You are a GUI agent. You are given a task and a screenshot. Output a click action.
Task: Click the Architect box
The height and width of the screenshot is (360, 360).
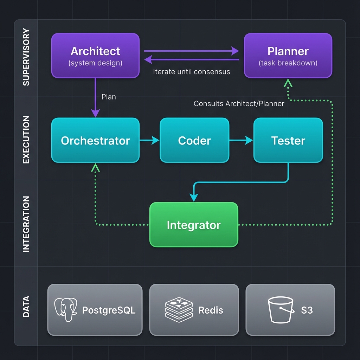tap(95, 56)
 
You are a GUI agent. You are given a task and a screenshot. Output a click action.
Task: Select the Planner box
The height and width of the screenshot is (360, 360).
tap(288, 56)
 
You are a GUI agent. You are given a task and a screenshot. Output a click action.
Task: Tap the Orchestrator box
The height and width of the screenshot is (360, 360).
tap(95, 140)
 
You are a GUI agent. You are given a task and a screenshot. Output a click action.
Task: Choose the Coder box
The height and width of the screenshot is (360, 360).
tap(194, 140)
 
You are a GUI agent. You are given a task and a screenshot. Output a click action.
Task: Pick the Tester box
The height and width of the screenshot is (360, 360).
tap(288, 140)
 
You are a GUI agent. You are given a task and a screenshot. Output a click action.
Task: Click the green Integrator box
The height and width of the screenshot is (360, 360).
tap(194, 225)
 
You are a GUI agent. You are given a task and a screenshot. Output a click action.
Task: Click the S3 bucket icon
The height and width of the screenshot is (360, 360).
tap(281, 310)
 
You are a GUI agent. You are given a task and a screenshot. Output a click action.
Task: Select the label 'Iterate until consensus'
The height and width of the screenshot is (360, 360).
tap(192, 72)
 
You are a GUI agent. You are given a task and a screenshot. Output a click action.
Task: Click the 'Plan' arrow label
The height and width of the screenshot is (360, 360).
tap(109, 97)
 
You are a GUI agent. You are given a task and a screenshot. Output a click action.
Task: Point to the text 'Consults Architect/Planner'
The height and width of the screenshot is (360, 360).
tap(239, 104)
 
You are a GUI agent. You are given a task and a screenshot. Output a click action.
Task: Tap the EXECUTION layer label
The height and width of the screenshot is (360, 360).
tap(26, 140)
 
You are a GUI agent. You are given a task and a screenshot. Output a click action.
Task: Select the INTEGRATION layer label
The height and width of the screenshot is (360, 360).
tap(26, 224)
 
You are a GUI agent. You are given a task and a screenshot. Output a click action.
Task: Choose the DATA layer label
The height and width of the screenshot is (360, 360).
tap(26, 307)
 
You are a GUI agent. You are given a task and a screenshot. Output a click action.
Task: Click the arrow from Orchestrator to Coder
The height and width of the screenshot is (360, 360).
tap(149, 141)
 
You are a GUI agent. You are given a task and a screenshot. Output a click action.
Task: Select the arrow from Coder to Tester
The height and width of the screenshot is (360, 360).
tap(241, 141)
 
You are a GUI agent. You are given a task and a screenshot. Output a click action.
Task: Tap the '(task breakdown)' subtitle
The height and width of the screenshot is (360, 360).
tap(288, 63)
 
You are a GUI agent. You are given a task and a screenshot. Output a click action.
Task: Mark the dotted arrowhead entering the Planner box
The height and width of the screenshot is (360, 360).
tap(288, 83)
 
